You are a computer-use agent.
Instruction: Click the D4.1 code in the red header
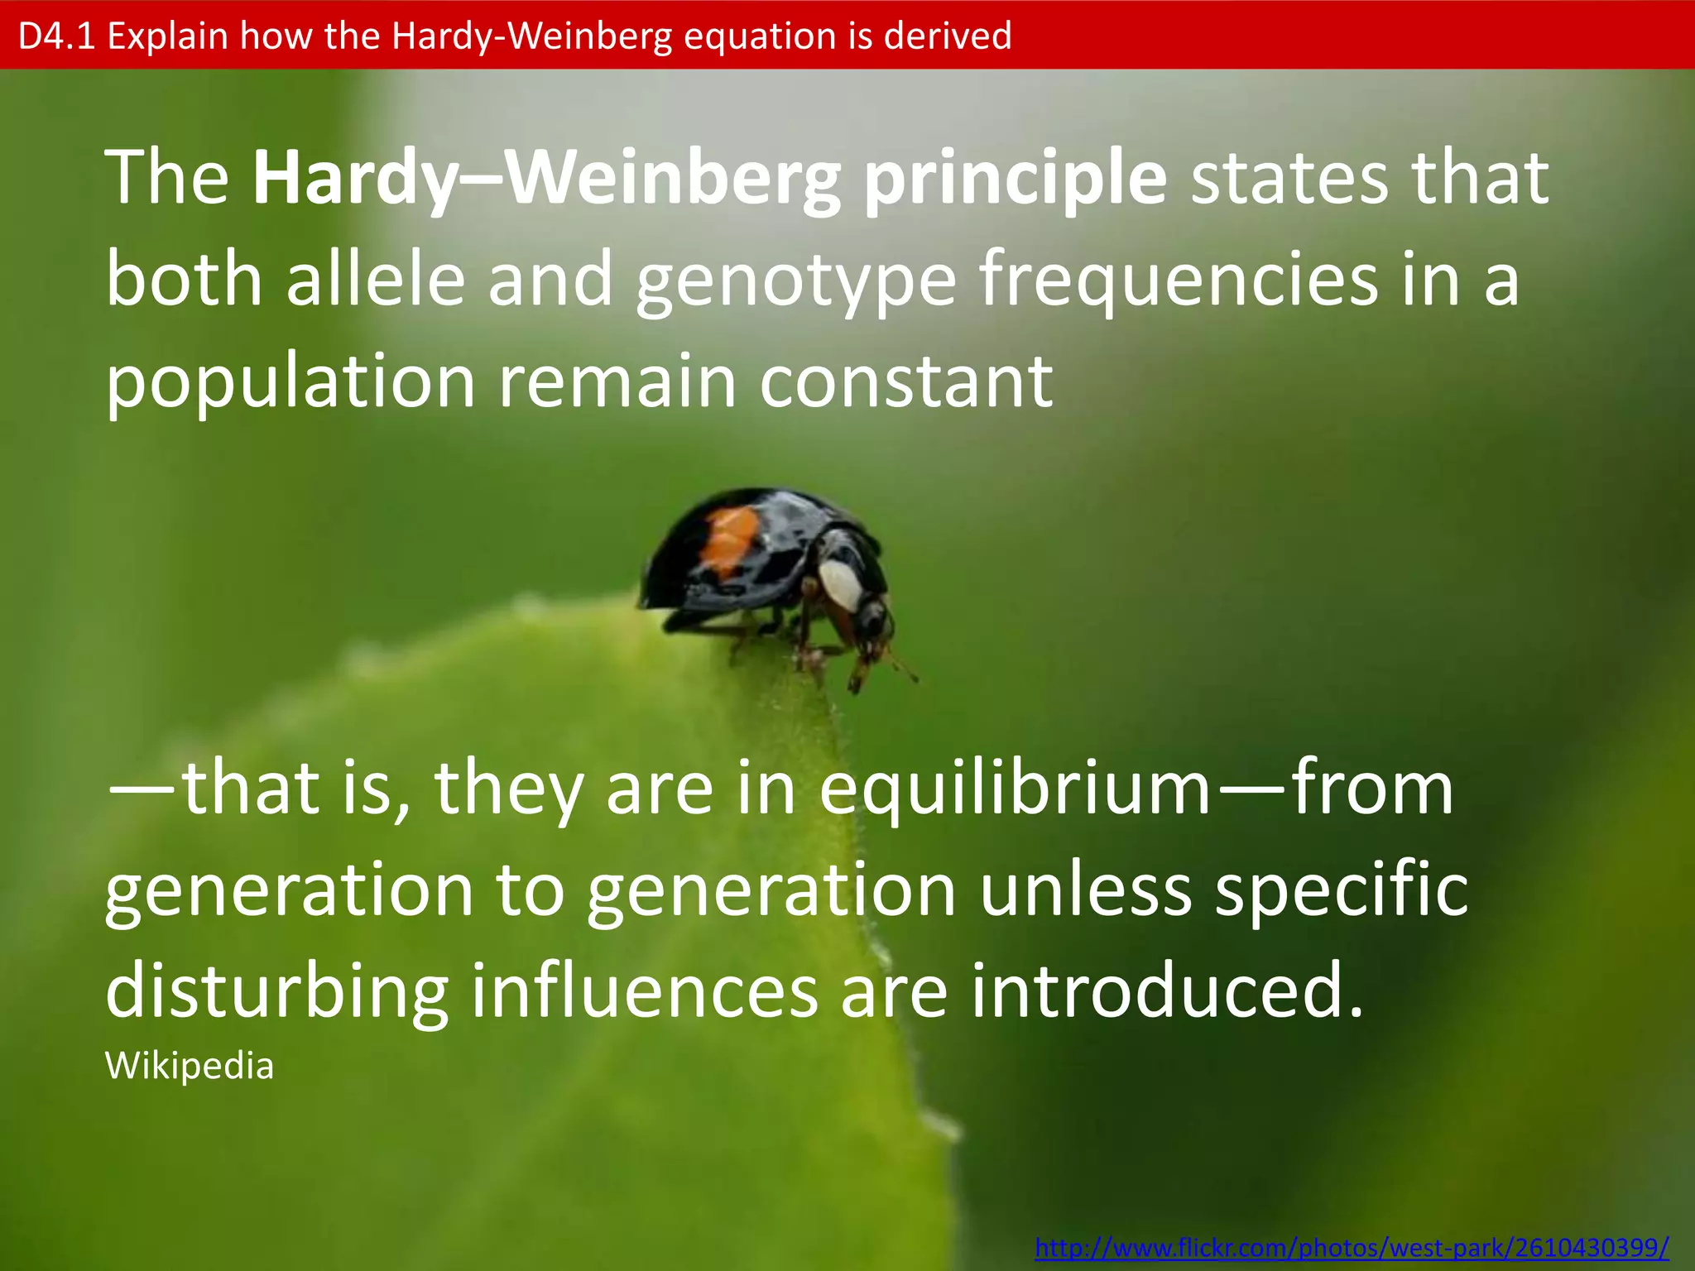tap(56, 36)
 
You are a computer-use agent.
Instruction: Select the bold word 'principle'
tap(1015, 180)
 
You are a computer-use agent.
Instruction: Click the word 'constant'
tap(906, 382)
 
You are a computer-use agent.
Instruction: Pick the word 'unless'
tap(1085, 892)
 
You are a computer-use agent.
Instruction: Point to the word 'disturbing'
tap(276, 993)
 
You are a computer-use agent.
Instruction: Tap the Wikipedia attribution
tap(190, 1067)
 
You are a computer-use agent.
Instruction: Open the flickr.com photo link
tap(1352, 1247)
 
